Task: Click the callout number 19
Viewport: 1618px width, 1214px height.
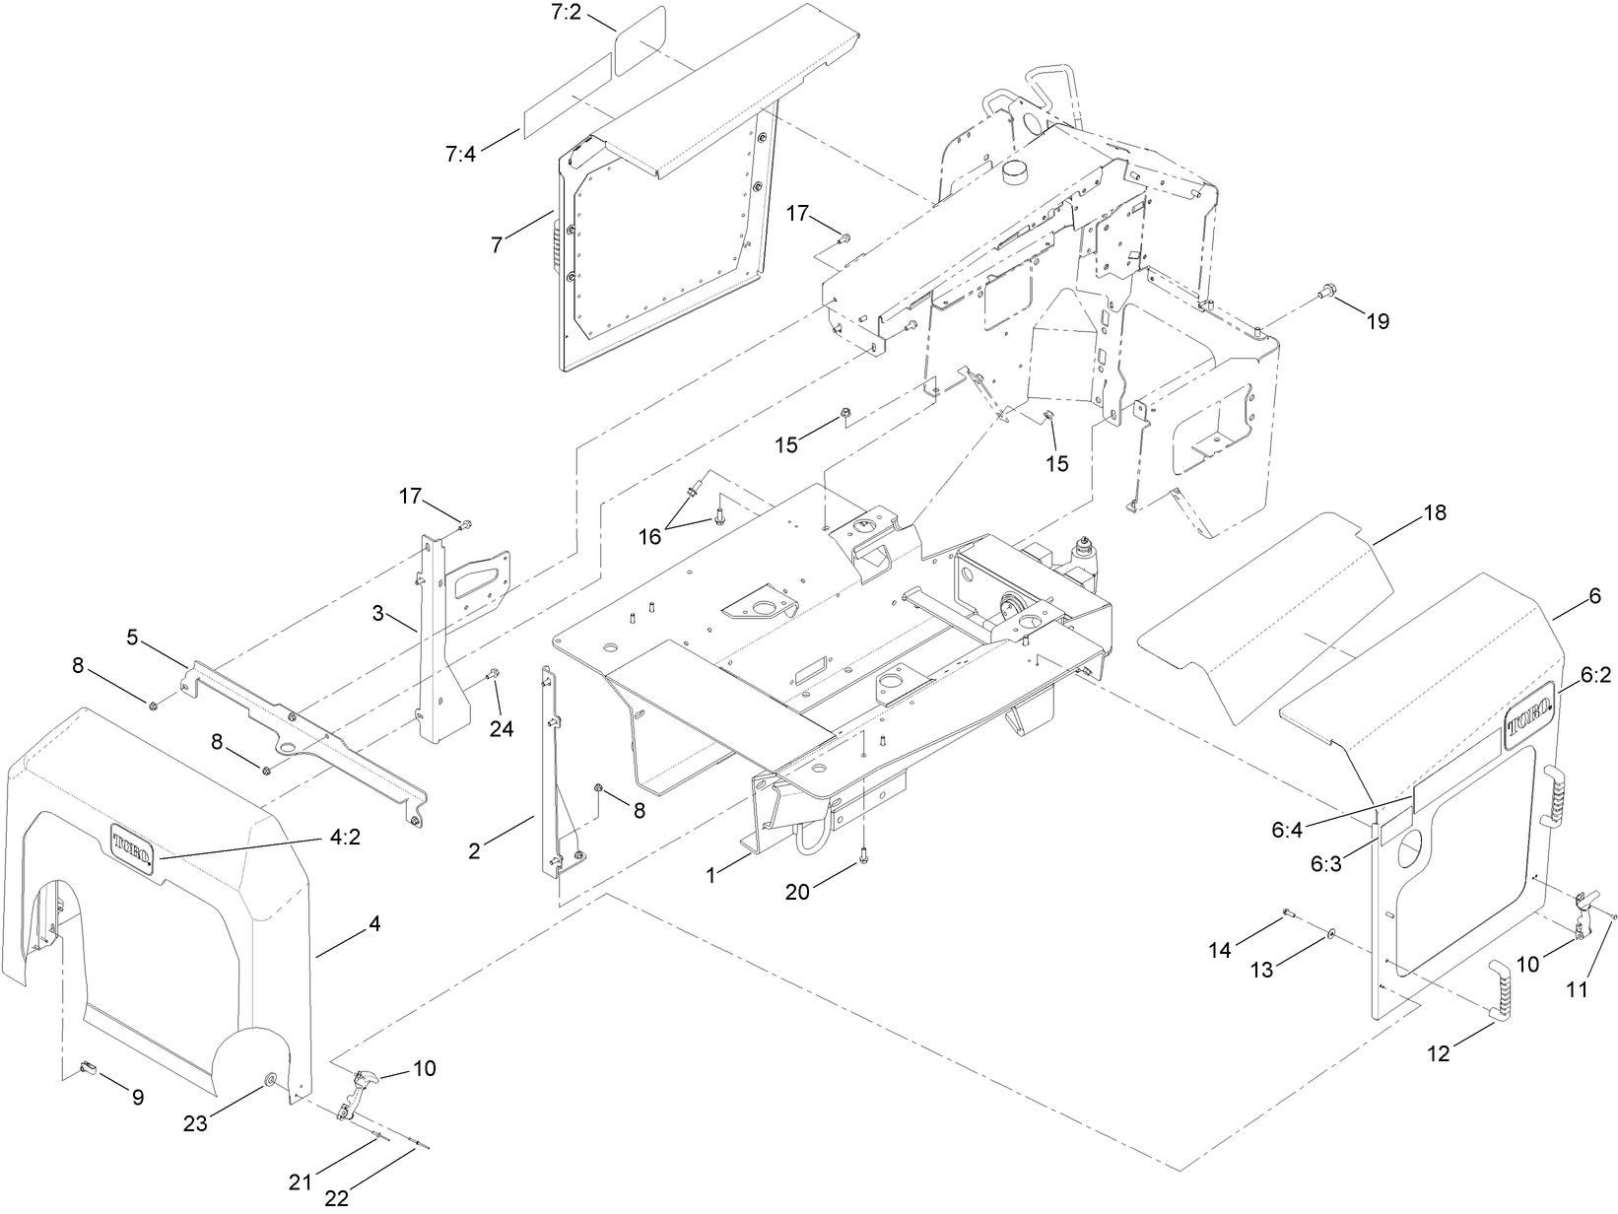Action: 1378,321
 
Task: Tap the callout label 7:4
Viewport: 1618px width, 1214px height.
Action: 460,154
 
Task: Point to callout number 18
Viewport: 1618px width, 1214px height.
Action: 1435,513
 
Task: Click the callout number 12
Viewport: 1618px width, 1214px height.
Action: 1439,1053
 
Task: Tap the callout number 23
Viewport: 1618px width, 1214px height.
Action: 195,1122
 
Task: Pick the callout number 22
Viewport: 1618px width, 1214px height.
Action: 337,1198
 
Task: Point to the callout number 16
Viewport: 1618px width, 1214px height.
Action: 649,536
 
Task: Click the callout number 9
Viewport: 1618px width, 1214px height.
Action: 137,1097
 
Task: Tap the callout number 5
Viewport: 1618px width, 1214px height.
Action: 131,636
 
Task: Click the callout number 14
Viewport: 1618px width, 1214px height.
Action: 1220,950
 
